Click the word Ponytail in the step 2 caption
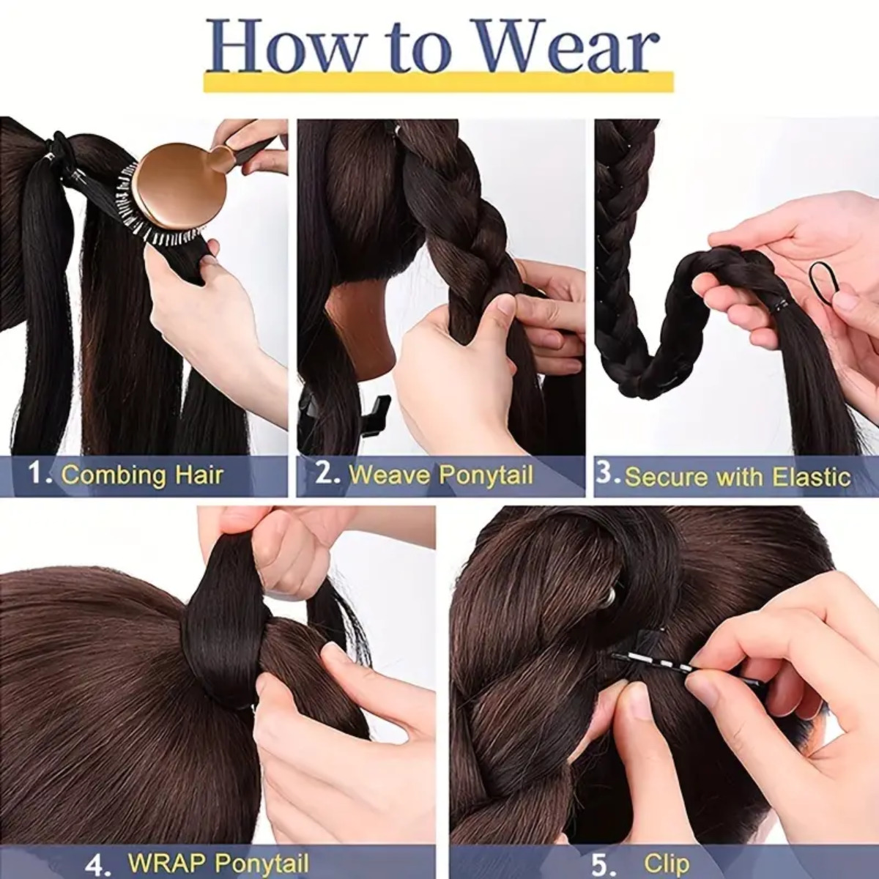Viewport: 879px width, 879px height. (x=486, y=475)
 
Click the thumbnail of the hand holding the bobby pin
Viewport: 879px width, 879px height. (x=703, y=689)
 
